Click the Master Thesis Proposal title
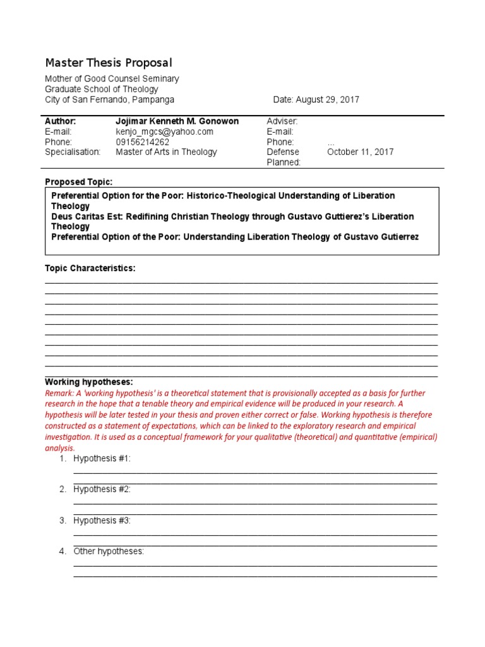tap(108, 63)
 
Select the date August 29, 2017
tap(316, 100)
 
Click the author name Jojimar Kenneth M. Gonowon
tap(177, 121)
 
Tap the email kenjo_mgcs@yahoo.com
tap(165, 131)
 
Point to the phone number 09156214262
tap(143, 142)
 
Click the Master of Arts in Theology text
tap(166, 152)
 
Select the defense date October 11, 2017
tap(360, 152)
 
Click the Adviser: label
tap(282, 121)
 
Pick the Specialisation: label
tap(73, 152)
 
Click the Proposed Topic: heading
tap(78, 182)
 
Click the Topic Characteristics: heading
tap(90, 269)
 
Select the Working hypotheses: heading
tap(88, 382)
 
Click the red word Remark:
tap(59, 393)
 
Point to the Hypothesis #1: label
tap(102, 459)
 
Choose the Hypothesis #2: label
tap(102, 490)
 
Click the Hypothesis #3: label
tap(102, 521)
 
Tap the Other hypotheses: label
tap(109, 552)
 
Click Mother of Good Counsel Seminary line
tap(112, 79)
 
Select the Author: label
tap(61, 121)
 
